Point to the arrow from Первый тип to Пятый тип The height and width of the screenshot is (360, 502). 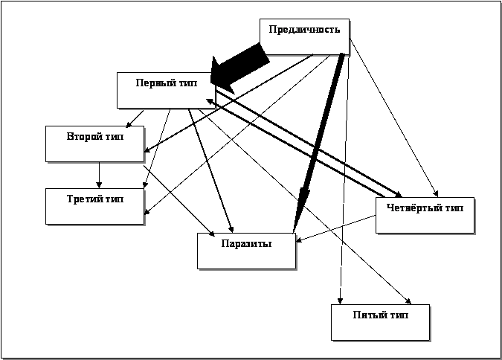click(312, 208)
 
